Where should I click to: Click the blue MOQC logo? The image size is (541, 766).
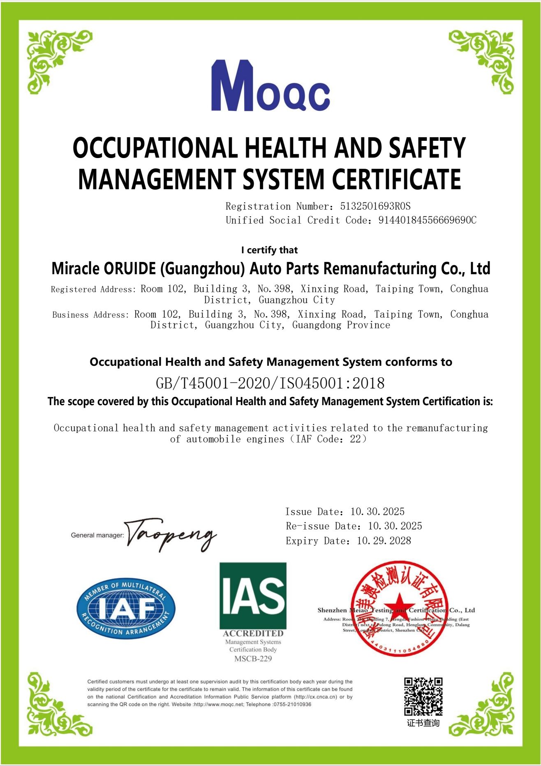click(x=270, y=86)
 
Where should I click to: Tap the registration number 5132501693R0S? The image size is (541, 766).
click(x=375, y=206)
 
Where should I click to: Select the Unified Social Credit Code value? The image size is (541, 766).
click(x=427, y=220)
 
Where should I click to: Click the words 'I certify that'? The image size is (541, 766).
click(x=269, y=250)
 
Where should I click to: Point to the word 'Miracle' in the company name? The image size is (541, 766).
click(x=75, y=268)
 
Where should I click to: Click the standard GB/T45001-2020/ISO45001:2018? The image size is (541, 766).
click(x=270, y=383)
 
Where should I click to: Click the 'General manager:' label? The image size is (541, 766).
click(x=97, y=535)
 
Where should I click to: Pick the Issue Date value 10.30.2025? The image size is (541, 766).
click(x=377, y=511)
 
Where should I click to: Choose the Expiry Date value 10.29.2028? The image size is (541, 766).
click(x=384, y=541)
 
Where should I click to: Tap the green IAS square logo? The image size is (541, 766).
click(x=253, y=595)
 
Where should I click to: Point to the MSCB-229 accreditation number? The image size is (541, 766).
click(x=253, y=658)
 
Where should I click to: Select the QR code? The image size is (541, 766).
click(x=423, y=696)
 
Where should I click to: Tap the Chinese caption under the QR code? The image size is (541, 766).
click(x=423, y=723)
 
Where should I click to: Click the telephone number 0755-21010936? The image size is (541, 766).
click(x=292, y=704)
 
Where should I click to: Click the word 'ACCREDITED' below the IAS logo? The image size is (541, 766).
click(x=253, y=633)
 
